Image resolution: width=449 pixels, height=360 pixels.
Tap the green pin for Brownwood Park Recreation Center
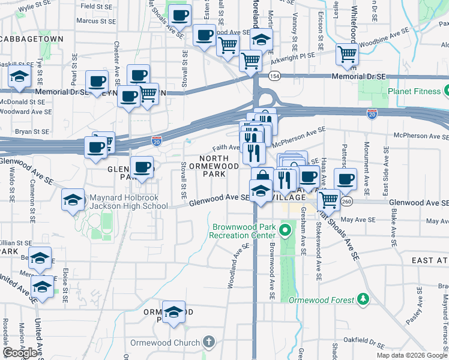pos(286,229)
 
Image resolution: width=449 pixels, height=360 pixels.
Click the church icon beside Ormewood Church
pos(208,343)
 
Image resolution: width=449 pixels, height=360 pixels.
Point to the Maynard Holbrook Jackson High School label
pos(128,202)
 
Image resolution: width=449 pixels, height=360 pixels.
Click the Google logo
pos(21,352)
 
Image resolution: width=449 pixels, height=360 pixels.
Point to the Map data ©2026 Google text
pos(411,355)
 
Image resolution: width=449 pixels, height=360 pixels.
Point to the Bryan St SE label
pos(31,131)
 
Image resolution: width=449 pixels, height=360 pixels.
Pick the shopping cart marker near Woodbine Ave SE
pos(348,53)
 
